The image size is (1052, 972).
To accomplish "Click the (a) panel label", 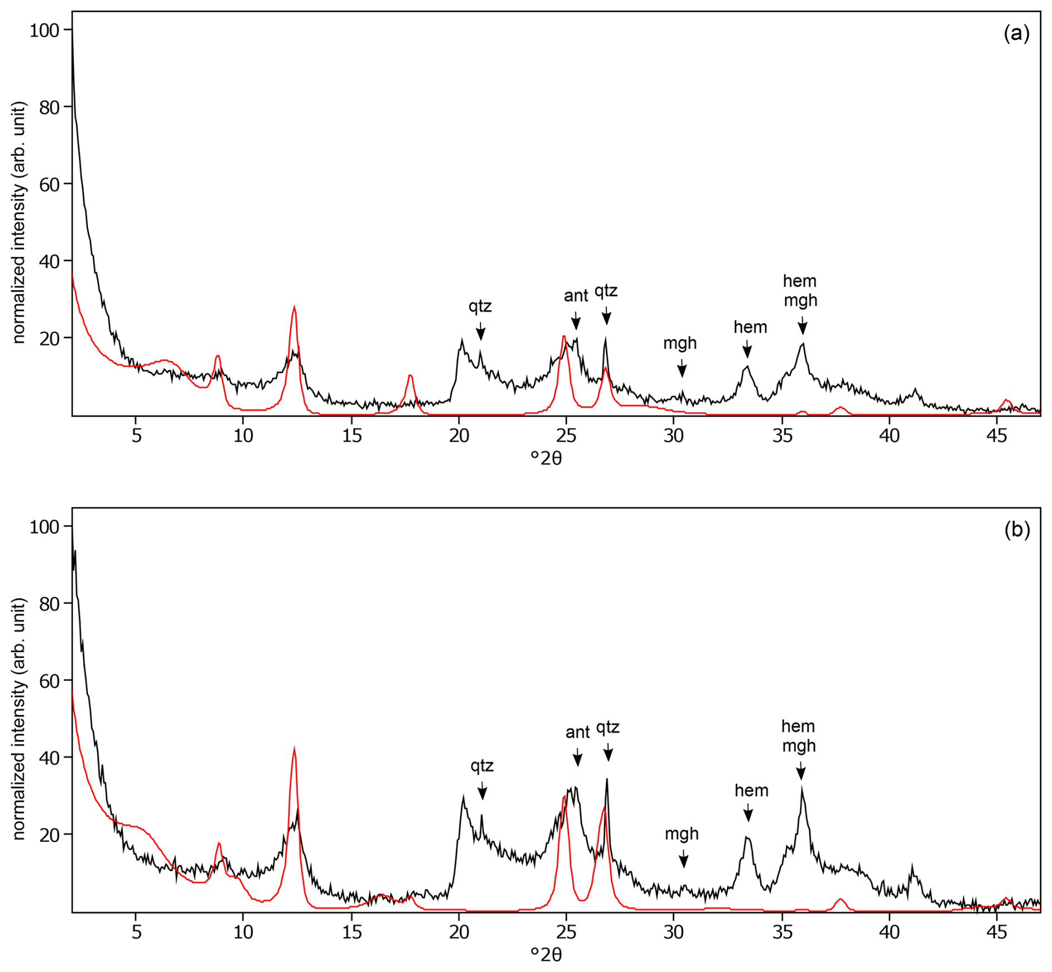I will [1016, 34].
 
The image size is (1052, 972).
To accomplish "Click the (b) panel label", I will [1016, 530].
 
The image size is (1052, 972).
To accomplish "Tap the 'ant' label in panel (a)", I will [575, 296].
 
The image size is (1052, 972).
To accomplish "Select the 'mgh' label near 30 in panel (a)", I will [679, 343].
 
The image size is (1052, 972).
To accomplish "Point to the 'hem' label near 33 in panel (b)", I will [751, 790].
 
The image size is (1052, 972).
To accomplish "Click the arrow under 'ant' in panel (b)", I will [578, 758].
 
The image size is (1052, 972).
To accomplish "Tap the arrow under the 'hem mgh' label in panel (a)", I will [802, 325].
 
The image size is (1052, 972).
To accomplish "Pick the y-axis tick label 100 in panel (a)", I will [44, 30].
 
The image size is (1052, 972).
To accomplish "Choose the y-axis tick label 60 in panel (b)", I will [49, 681].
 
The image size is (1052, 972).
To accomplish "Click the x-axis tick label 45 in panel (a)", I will [996, 435].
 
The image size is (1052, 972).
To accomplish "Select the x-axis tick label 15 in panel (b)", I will [351, 932].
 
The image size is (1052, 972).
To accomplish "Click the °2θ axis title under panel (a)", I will [546, 458].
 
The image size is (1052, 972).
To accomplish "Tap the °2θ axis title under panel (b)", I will [546, 955].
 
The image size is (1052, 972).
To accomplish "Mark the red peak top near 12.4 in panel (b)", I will [294, 748].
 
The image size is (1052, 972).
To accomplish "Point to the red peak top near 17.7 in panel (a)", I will [410, 375].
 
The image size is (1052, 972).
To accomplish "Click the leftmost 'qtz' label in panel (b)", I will [482, 766].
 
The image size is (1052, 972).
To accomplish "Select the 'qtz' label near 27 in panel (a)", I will [606, 291].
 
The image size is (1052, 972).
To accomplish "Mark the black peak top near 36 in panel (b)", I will [801, 787].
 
